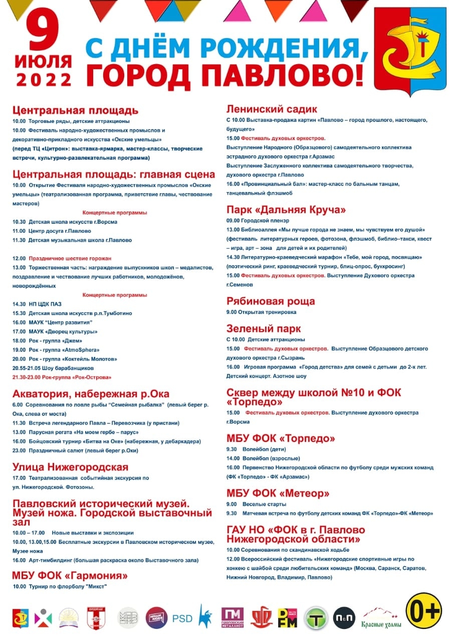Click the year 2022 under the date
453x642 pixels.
coord(44,79)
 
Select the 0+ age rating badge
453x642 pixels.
coord(423,611)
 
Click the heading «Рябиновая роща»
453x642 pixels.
coord(271,301)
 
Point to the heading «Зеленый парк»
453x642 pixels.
coord(264,329)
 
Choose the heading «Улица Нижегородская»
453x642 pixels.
coord(70,467)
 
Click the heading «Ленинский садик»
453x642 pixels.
coord(272,109)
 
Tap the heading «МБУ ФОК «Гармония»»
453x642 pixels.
coord(70,575)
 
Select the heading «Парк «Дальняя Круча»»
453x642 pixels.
coord(286,209)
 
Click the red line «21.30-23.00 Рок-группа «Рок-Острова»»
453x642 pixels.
coord(62,377)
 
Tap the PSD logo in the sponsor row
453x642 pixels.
coord(182,618)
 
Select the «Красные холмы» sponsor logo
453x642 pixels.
coord(380,618)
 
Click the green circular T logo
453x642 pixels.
coord(316,618)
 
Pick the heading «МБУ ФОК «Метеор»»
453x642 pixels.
coord(281,493)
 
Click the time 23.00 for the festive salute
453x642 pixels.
coord(19,450)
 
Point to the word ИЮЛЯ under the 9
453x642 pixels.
coord(44,61)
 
